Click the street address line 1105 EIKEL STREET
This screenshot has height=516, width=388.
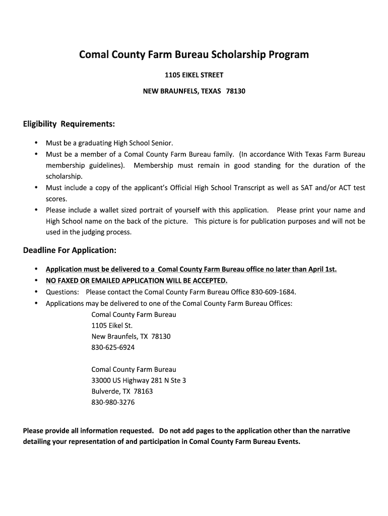click(x=194, y=76)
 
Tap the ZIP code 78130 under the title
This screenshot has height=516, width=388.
click(x=235, y=92)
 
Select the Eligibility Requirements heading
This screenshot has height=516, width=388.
click(x=69, y=124)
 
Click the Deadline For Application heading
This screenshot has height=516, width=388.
click(x=70, y=250)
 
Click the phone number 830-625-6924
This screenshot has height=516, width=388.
click(x=113, y=348)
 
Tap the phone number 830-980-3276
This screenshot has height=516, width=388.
click(x=113, y=403)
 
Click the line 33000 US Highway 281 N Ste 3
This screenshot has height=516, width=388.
click(x=139, y=380)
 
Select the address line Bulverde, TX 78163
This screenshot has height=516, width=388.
click(x=122, y=392)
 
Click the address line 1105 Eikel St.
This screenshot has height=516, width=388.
click(x=112, y=326)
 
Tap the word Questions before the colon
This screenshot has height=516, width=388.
click(x=62, y=292)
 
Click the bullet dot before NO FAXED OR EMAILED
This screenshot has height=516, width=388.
click(x=36, y=280)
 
